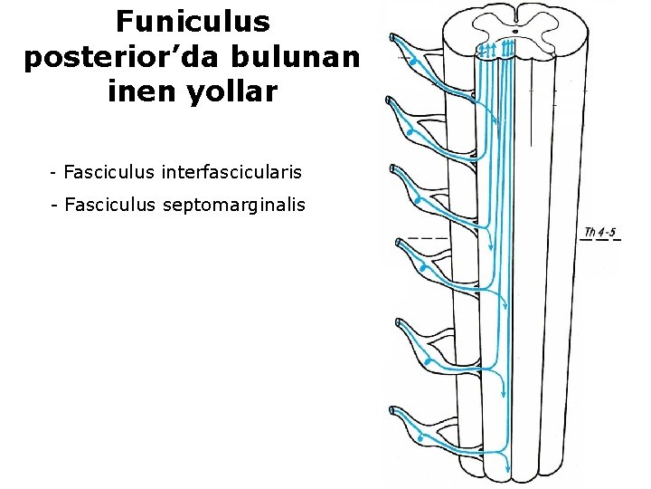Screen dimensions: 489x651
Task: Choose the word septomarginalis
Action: coord(235,206)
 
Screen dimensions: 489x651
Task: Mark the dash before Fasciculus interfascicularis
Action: coord(55,171)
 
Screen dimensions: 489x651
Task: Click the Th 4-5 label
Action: coord(600,233)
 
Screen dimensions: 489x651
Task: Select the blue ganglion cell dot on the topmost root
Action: coord(414,62)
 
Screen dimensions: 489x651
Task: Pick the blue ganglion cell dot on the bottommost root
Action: coord(420,439)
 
